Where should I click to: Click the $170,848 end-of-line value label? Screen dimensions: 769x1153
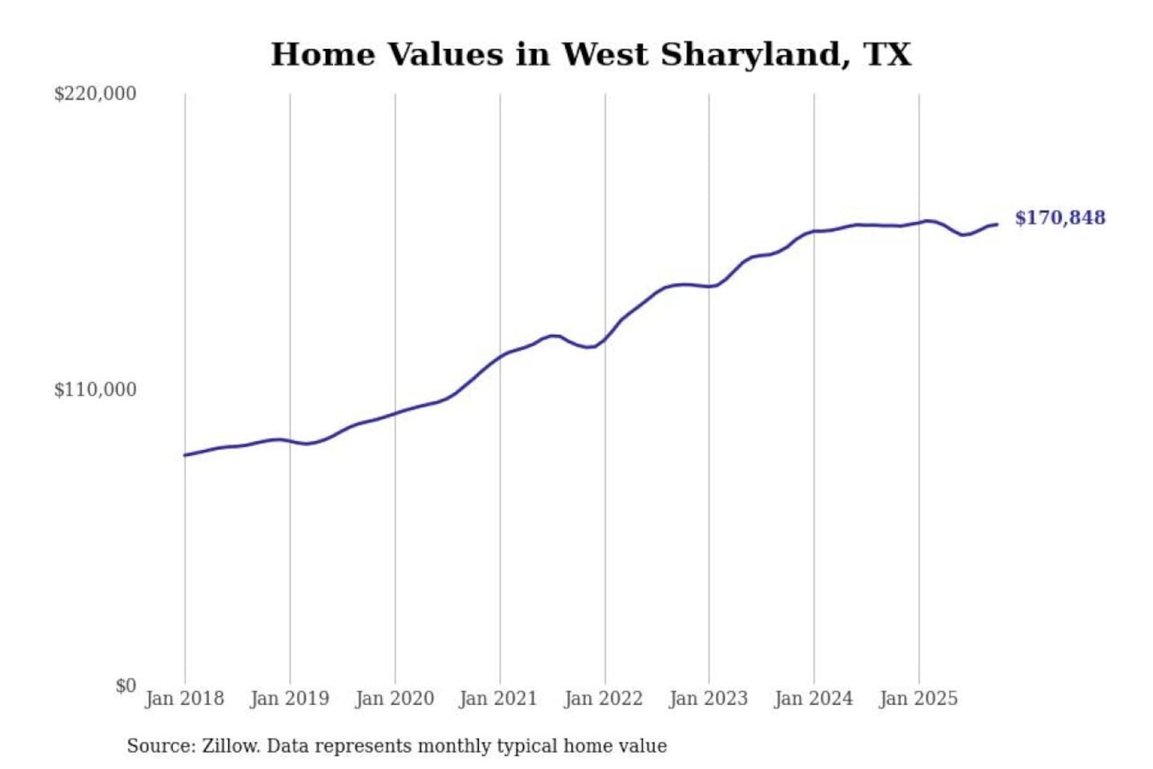tap(1059, 218)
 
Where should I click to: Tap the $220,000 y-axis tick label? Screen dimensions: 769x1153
tap(95, 94)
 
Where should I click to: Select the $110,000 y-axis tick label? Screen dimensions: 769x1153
tap(95, 390)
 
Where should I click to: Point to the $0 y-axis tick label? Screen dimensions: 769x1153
tap(126, 686)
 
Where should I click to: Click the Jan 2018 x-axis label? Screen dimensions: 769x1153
tap(184, 699)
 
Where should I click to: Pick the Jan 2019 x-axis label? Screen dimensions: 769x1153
tap(289, 699)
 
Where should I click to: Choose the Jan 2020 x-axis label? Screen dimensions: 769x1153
tap(394, 699)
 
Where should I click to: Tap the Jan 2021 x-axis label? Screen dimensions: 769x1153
tap(498, 699)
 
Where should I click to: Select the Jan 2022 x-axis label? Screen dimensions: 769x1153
tap(603, 699)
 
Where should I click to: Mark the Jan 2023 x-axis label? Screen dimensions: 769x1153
tap(708, 699)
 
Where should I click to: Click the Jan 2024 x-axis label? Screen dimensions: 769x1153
tap(813, 699)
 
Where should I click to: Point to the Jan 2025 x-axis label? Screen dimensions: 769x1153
tap(918, 699)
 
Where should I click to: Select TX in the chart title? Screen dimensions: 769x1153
tap(887, 54)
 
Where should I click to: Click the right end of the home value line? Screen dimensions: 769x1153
tap(997, 224)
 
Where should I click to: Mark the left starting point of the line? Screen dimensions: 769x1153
tap(185, 455)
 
